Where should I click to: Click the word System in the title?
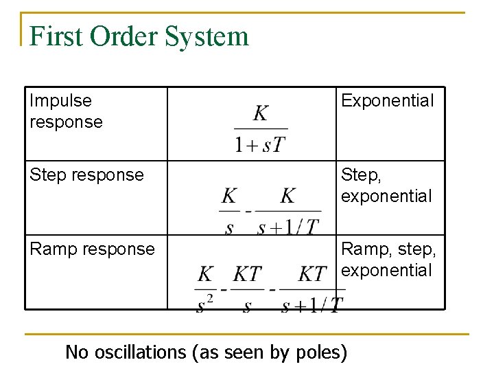[212, 36]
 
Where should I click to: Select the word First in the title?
[55, 36]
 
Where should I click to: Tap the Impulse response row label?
[66, 111]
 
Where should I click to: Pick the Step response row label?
[86, 175]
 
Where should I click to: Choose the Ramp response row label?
[92, 249]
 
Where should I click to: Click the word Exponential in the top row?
[388, 101]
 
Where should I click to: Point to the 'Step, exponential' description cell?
[386, 185]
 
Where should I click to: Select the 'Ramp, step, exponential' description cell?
[388, 259]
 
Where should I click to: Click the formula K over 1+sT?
[261, 128]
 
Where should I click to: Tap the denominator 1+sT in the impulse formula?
[261, 145]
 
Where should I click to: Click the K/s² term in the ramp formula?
[204, 289]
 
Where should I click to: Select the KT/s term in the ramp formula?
[247, 289]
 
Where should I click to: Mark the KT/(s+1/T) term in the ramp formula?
[312, 289]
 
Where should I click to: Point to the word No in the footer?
[77, 352]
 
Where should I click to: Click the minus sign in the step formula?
[248, 210]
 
